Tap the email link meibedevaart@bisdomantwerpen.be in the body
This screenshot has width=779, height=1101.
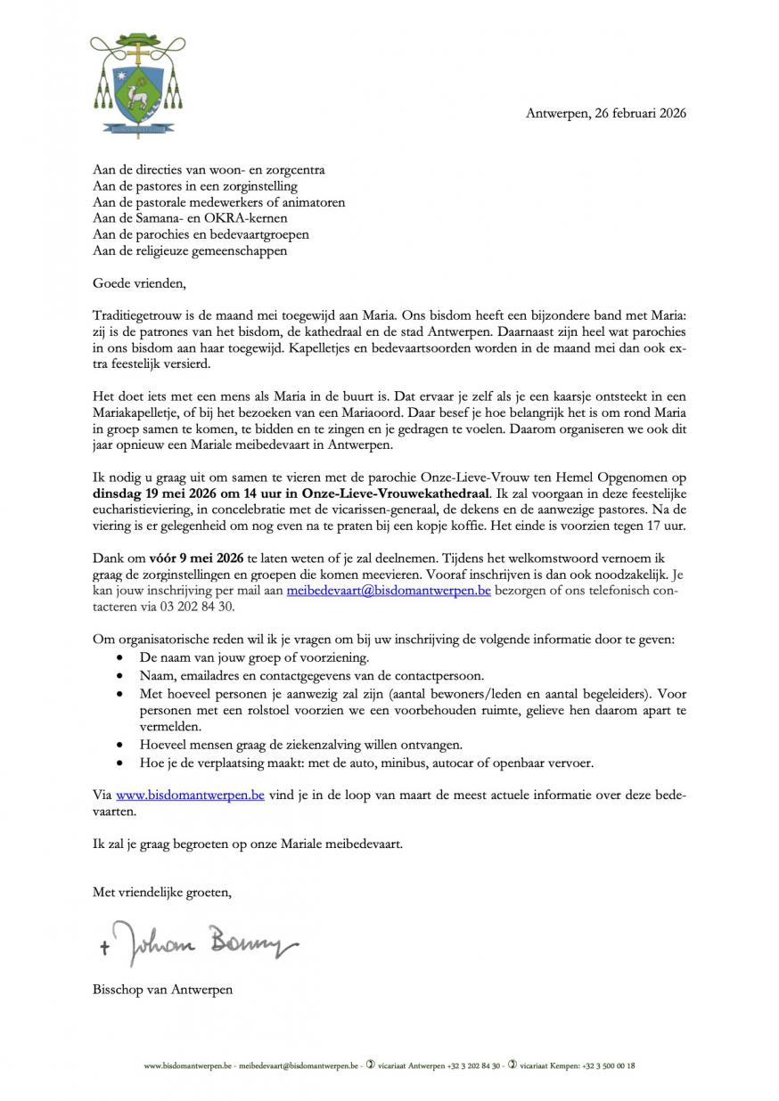tap(389, 590)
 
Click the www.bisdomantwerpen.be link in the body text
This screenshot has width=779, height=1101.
tap(190, 795)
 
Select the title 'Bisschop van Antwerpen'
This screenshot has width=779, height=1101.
tap(162, 989)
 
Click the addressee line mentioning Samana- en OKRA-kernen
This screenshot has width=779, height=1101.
tap(191, 218)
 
